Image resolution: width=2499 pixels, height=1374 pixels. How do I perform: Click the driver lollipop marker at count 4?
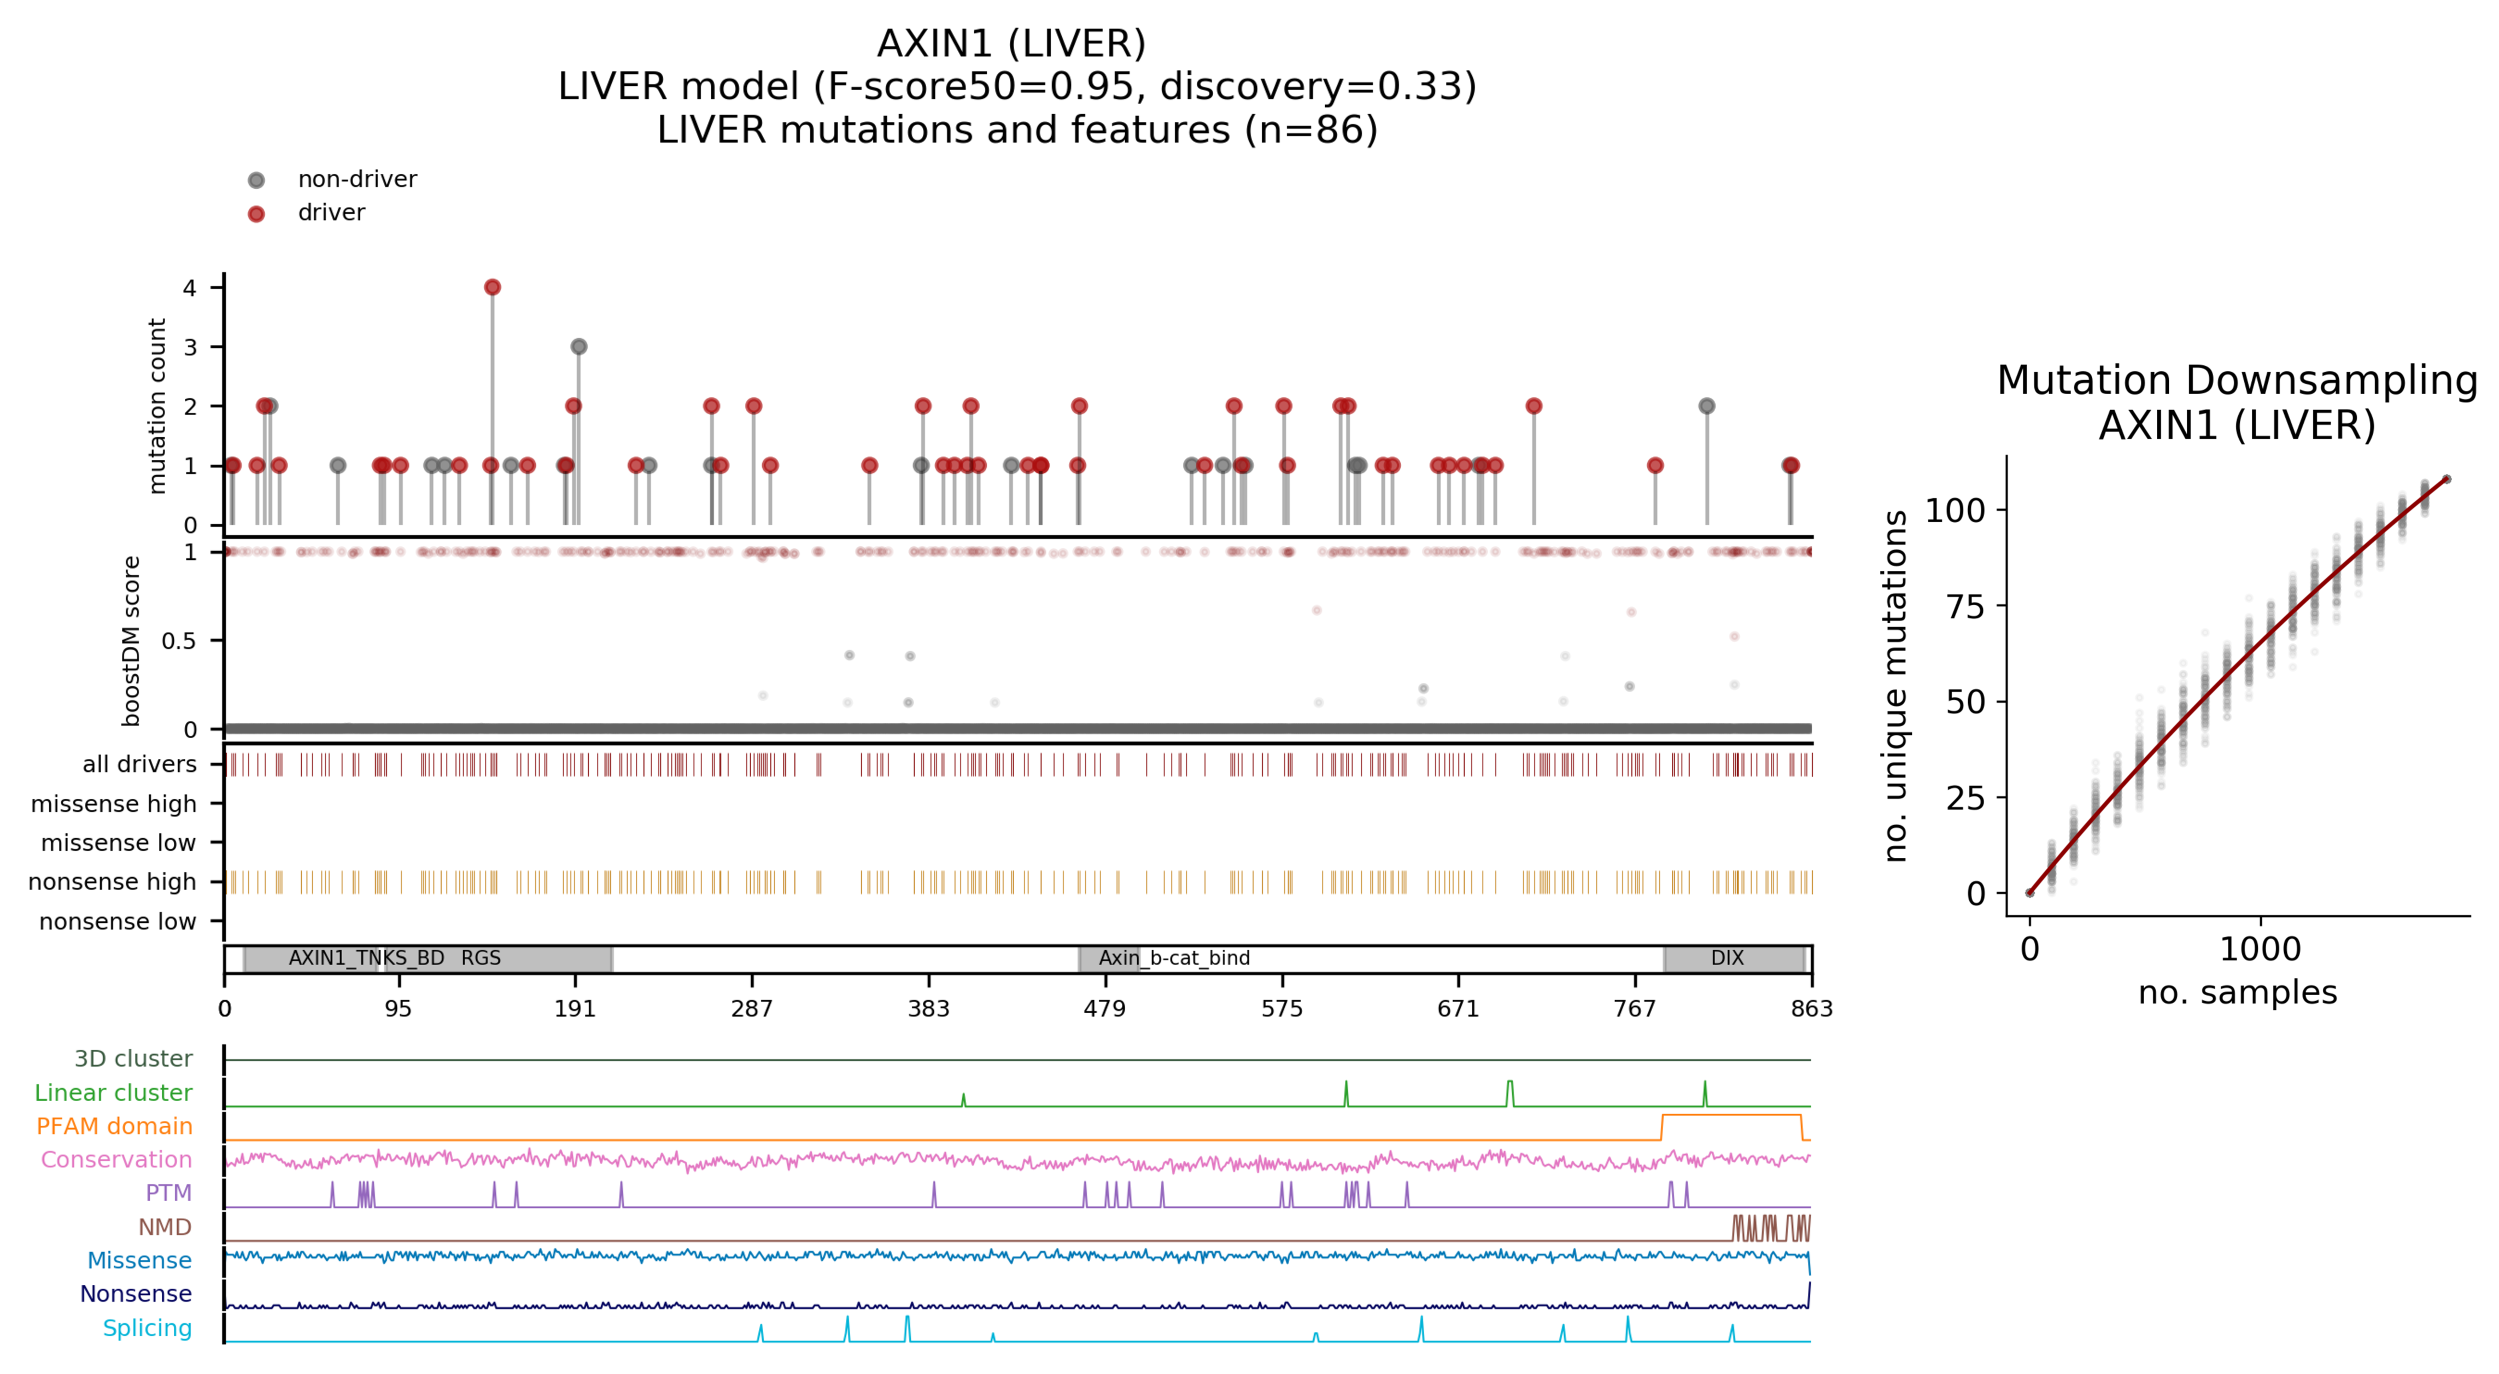point(492,287)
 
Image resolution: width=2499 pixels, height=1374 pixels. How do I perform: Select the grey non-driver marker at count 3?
point(579,347)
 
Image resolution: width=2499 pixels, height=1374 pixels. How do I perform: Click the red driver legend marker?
point(256,213)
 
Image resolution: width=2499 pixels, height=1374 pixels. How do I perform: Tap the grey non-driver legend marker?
point(256,179)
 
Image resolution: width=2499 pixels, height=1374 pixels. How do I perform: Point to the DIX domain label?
point(1727,958)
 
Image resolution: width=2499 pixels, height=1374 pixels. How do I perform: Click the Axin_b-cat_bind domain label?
point(1174,958)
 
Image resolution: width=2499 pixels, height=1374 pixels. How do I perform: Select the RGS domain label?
point(481,958)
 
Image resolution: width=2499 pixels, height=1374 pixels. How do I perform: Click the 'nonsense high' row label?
point(113,882)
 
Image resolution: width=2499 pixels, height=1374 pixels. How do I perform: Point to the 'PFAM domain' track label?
point(114,1126)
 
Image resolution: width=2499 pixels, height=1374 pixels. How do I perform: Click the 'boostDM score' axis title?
point(132,640)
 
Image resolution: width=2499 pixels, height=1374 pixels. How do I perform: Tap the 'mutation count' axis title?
point(157,406)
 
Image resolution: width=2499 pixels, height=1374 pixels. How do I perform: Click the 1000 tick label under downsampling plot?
point(2260,949)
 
